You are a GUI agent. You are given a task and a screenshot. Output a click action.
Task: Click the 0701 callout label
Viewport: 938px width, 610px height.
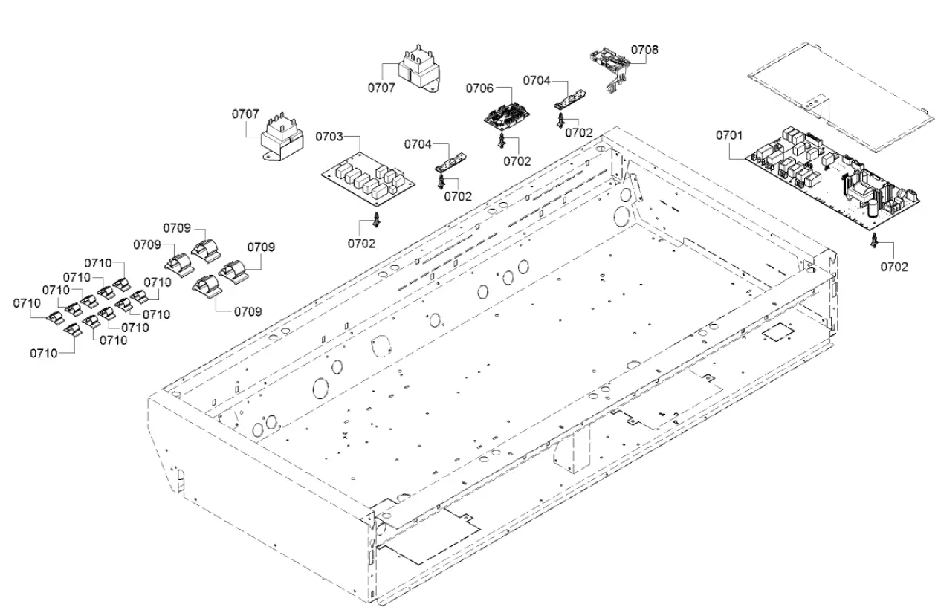[729, 135]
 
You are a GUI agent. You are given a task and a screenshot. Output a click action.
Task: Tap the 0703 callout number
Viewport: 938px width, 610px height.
[329, 137]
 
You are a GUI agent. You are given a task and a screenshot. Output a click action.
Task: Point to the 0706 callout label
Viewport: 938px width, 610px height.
[479, 88]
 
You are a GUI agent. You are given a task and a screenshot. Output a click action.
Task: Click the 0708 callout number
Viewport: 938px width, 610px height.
[644, 50]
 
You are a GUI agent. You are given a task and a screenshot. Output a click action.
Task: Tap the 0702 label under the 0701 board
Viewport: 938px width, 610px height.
[894, 267]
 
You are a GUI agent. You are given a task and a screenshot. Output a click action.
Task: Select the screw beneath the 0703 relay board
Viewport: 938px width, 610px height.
[378, 218]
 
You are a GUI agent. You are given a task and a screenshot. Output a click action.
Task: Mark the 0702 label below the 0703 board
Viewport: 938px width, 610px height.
[362, 242]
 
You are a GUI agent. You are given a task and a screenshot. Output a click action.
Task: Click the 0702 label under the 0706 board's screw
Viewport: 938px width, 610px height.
[517, 160]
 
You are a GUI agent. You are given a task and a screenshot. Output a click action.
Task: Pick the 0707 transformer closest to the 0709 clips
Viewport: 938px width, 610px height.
[279, 140]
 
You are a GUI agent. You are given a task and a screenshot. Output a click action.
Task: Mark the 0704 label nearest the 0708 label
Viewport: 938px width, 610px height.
[536, 80]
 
